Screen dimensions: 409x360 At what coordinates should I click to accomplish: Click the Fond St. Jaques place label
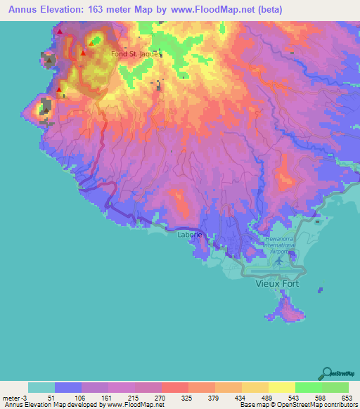(136, 53)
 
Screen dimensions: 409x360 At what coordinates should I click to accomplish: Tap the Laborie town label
(190, 234)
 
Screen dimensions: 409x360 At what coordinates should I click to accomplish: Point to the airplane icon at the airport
(281, 260)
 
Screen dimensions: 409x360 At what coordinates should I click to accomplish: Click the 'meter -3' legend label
(14, 397)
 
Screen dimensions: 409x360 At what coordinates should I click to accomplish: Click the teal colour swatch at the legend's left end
(41, 387)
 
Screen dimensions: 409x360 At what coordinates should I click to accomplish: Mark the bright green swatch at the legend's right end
(335, 387)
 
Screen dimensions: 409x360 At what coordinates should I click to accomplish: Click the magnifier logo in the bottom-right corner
(328, 372)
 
